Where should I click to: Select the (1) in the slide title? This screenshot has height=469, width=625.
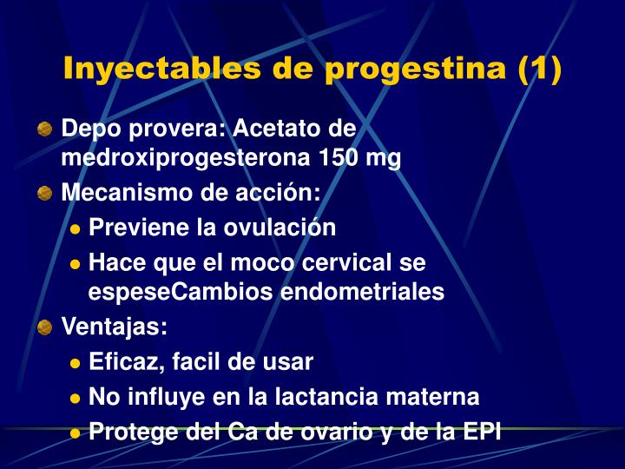tap(539, 69)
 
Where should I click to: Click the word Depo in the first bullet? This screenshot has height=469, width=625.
tap(89, 129)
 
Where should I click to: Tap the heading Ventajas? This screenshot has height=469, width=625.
tap(115, 328)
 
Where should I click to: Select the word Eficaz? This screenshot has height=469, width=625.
tap(121, 362)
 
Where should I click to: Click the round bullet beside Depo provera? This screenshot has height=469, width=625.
tap(45, 129)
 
